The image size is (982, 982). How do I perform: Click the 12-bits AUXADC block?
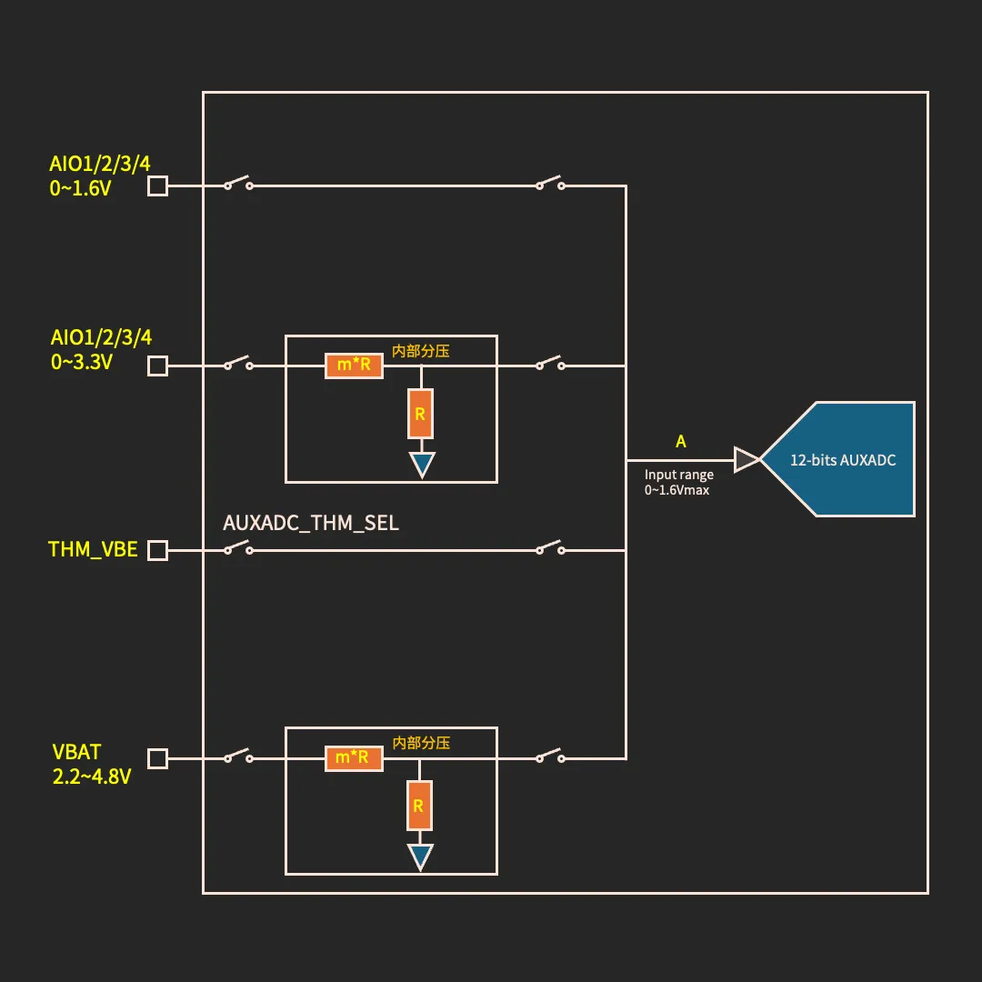(841, 459)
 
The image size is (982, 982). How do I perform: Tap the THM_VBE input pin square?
(157, 550)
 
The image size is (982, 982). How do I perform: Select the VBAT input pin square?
(157, 758)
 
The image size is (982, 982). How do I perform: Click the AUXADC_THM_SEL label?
(311, 524)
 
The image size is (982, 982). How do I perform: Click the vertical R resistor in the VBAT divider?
(419, 806)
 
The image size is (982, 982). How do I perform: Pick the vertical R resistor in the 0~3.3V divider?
(420, 414)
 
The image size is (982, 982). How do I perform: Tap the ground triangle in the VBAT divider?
(420, 857)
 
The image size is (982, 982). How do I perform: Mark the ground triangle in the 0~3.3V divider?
(421, 465)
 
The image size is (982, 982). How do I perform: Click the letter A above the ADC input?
(681, 442)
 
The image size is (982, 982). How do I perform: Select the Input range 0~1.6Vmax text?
(678, 482)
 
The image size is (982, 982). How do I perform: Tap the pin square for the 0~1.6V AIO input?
(157, 186)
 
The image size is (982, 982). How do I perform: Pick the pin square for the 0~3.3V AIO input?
(157, 366)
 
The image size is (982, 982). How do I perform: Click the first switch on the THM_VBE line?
(238, 548)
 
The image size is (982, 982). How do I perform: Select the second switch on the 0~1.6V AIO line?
(550, 184)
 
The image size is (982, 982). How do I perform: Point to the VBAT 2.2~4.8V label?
(91, 765)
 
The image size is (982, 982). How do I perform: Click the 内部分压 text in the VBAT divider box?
(421, 742)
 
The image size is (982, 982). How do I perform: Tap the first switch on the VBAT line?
(238, 757)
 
